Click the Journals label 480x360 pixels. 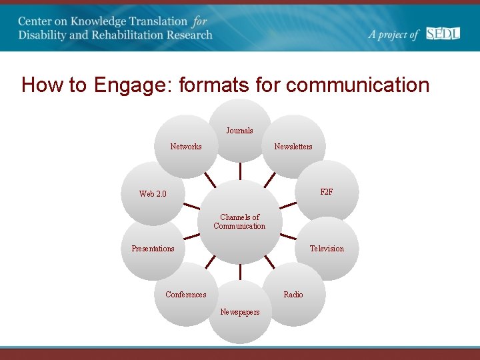coord(239,131)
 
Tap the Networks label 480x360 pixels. coord(186,147)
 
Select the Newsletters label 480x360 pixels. coord(293,147)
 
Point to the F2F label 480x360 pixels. coord(327,192)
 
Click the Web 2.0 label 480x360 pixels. coord(153,194)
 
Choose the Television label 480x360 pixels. coord(327,249)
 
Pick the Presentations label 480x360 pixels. coord(153,249)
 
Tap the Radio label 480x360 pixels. coord(293,295)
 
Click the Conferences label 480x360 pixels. coord(186,295)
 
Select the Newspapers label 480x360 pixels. coord(240,312)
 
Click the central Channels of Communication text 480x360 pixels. coord(239,221)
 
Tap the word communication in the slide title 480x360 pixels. coord(357,85)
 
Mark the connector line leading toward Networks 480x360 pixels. coord(211,179)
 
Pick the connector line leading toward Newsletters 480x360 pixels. coord(269,179)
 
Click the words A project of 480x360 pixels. coord(393,35)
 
